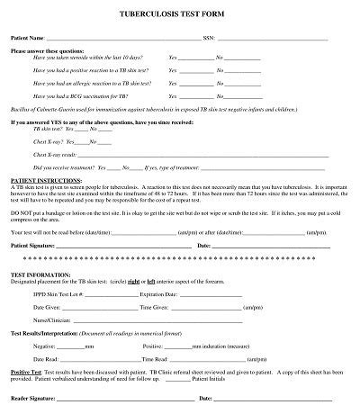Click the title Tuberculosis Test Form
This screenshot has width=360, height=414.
[179, 16]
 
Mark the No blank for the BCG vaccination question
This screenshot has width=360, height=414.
[242, 95]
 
